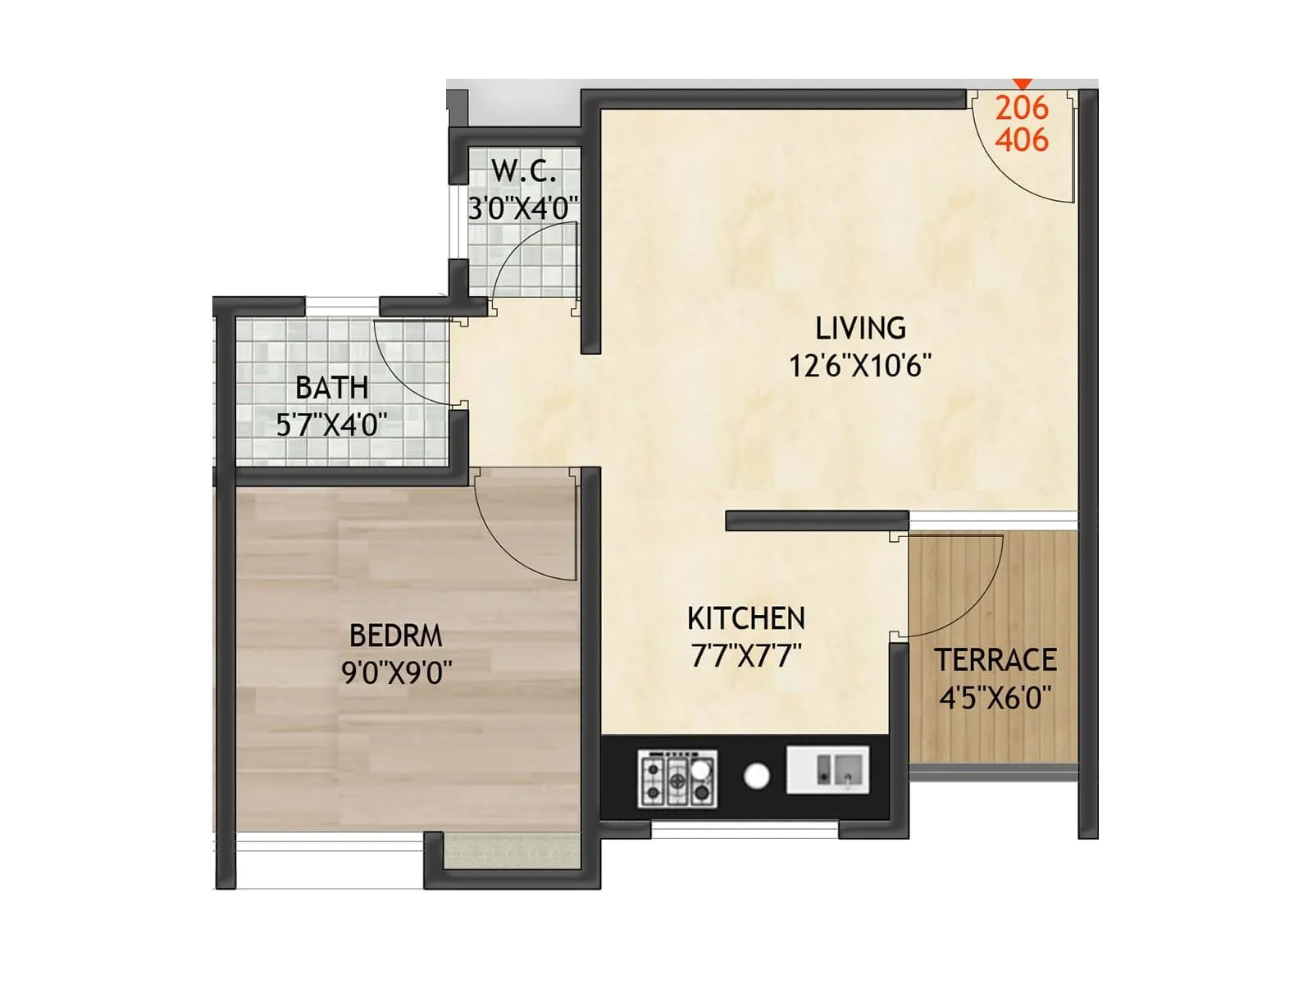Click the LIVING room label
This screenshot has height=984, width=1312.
point(860,328)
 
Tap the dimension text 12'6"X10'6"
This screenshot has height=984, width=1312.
point(860,365)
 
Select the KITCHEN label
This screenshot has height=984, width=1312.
point(745,618)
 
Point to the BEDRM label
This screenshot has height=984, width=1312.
point(395,635)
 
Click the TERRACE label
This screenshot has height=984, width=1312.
point(995,660)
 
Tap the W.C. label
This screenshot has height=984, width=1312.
point(523,171)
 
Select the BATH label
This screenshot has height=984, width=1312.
point(331,387)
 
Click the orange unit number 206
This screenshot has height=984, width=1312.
point(1022,107)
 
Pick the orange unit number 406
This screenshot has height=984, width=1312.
point(1022,140)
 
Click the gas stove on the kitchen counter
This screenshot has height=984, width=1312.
point(677,778)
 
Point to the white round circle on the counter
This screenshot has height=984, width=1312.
point(756,776)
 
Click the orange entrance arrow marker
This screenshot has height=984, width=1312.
point(1022,84)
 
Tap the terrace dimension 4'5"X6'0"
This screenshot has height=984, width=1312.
point(995,698)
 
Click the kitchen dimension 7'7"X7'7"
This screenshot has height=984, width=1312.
point(745,656)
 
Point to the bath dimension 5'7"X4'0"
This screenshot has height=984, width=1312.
point(331,425)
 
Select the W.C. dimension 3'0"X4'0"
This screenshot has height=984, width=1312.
point(523,207)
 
